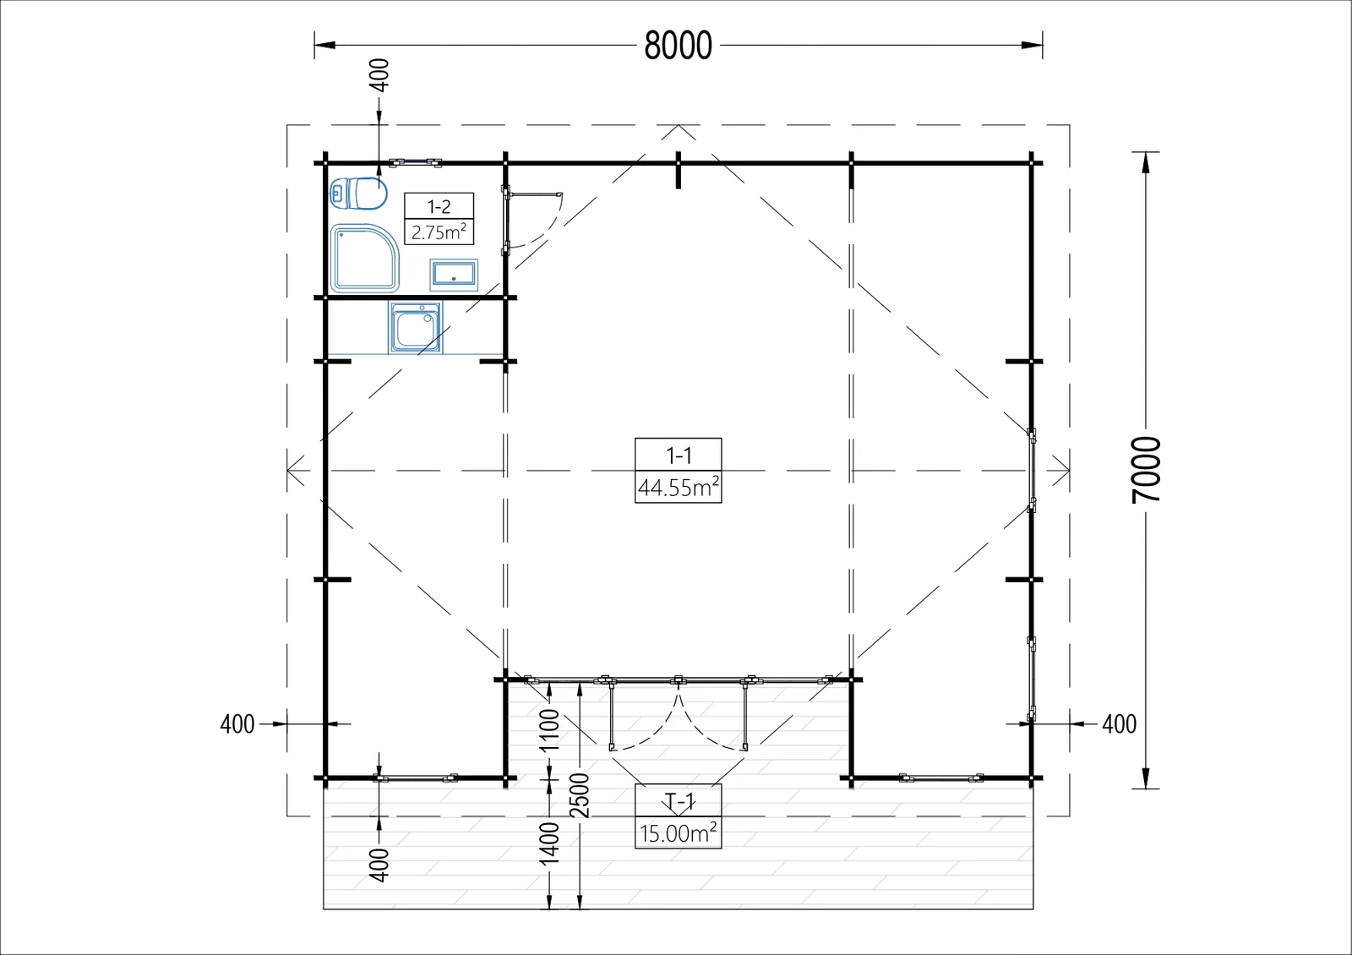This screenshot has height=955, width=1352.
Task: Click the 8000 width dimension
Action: coord(678,46)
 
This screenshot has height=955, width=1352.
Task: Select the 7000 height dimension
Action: coord(1146,470)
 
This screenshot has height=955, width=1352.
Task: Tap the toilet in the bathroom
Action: coord(358,194)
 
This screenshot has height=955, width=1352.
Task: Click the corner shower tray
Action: coord(364,258)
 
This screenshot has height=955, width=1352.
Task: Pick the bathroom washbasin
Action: coord(454,275)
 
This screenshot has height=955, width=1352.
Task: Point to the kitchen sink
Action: coord(415,328)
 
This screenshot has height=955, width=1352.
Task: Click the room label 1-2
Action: coord(439,207)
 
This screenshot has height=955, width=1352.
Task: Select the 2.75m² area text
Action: coord(439,232)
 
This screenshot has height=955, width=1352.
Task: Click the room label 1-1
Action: coord(679,456)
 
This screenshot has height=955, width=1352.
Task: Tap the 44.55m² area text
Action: coord(679,487)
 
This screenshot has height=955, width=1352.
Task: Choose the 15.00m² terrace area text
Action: coord(679,833)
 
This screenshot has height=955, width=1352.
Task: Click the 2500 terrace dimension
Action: coord(580,795)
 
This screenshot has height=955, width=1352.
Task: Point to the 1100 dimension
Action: coord(549,730)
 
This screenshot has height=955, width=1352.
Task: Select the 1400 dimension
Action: coord(549,843)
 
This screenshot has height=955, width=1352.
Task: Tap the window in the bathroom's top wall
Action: coord(415,162)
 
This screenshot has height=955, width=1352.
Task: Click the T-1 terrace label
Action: coord(679,802)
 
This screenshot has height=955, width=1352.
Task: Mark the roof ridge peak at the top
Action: coord(679,125)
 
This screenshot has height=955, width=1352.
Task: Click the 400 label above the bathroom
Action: coord(379,75)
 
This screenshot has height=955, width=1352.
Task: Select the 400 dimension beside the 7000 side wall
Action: coord(1119,723)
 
